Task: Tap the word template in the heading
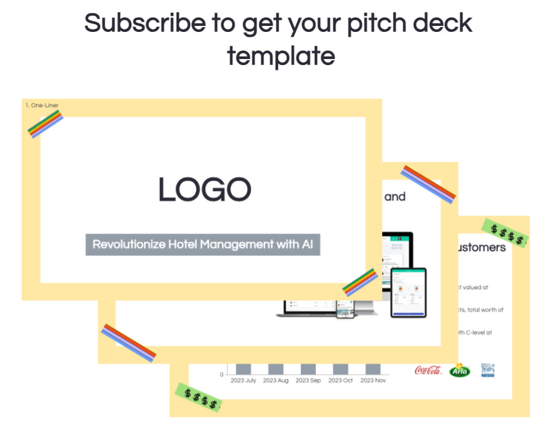click(x=280, y=56)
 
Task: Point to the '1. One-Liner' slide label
click(x=42, y=106)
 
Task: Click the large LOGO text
click(x=205, y=189)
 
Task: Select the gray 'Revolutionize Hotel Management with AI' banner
click(x=203, y=245)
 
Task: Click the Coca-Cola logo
click(x=428, y=370)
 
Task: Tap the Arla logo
click(x=460, y=370)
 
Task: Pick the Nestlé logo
click(x=487, y=370)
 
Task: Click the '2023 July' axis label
click(x=243, y=381)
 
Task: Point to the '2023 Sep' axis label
click(x=308, y=381)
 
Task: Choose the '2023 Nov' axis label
click(x=373, y=381)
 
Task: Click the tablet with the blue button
click(x=408, y=292)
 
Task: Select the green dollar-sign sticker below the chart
click(x=197, y=396)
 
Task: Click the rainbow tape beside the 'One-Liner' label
click(x=46, y=124)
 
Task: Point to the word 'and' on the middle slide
click(x=395, y=196)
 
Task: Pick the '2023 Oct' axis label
click(x=340, y=381)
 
